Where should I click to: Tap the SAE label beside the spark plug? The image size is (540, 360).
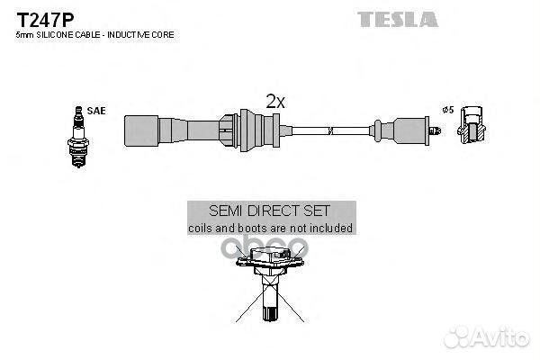pos(96,111)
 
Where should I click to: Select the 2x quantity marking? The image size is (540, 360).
pos(274,102)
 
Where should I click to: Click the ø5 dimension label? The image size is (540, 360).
pos(447,111)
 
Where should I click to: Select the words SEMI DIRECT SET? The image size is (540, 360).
pos(269,211)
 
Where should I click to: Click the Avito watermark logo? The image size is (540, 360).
pos(493,337)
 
